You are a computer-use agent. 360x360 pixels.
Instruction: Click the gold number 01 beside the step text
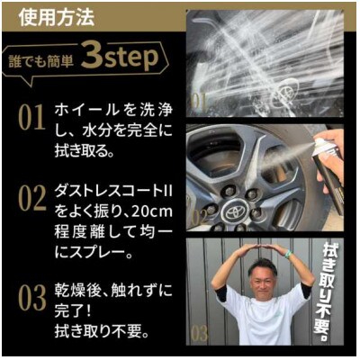(31, 118)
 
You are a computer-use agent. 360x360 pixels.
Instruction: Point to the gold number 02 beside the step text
(32, 198)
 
